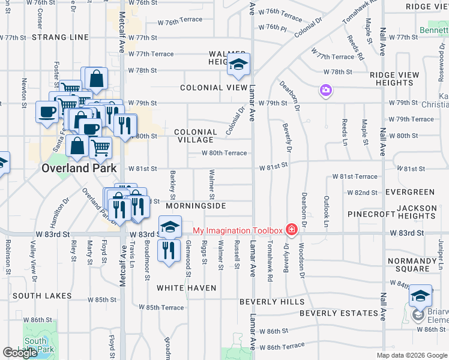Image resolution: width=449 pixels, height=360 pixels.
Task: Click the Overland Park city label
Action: pos(79,169)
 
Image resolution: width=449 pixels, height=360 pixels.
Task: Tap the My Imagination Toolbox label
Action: pos(237,230)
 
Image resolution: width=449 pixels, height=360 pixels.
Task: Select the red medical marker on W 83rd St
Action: pos(291,230)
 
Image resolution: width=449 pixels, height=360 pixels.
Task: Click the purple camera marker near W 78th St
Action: pos(326,91)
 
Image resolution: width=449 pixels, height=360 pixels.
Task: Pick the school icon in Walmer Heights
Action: pos(238,65)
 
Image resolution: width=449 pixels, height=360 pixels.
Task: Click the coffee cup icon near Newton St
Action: pos(47,112)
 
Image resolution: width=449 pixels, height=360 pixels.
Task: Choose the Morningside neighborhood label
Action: pos(196,206)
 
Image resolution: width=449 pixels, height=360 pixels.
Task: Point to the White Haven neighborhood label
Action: pos(187,288)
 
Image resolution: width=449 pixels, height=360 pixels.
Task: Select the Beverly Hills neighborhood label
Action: pos(272,302)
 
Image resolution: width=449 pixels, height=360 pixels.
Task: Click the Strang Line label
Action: pos(60,37)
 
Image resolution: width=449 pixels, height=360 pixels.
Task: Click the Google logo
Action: pos(20,353)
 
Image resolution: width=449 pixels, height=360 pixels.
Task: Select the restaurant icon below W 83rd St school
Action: pos(169,250)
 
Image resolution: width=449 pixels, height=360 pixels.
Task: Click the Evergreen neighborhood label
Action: pos(410,192)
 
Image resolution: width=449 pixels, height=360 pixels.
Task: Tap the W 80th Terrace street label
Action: pos(224,153)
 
